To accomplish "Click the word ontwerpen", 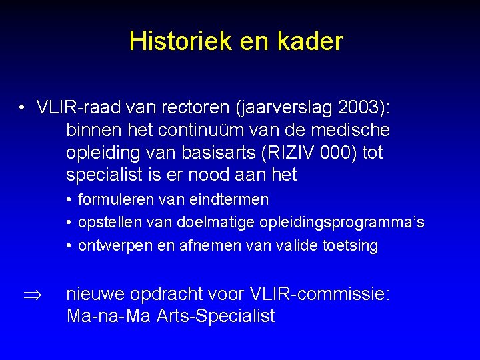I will tap(115, 246).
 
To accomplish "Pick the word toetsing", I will tap(351, 246).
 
